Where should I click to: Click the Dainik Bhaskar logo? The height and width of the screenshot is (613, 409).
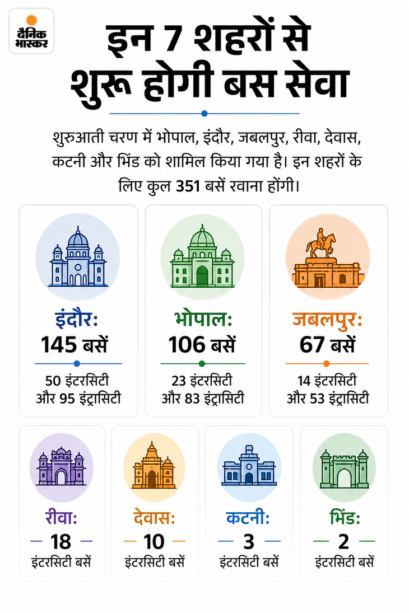(x=31, y=31)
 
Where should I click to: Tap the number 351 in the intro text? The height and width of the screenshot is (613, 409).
(x=188, y=186)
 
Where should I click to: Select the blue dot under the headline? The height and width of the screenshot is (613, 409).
(x=204, y=114)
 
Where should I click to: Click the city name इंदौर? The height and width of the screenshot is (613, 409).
(x=76, y=318)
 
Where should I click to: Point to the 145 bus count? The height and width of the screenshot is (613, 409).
(x=59, y=345)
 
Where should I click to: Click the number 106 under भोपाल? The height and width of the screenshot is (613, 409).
(x=187, y=345)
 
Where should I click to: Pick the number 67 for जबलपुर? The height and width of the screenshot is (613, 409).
(x=312, y=345)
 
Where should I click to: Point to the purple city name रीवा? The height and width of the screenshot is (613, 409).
(x=61, y=518)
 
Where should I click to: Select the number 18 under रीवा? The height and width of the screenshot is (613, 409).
(x=61, y=542)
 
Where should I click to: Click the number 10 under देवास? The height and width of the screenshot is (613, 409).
(x=154, y=542)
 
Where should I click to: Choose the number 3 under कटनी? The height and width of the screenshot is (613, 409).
(x=249, y=542)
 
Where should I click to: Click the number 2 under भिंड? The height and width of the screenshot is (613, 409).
(x=343, y=542)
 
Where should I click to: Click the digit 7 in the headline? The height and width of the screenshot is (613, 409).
(x=174, y=40)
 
